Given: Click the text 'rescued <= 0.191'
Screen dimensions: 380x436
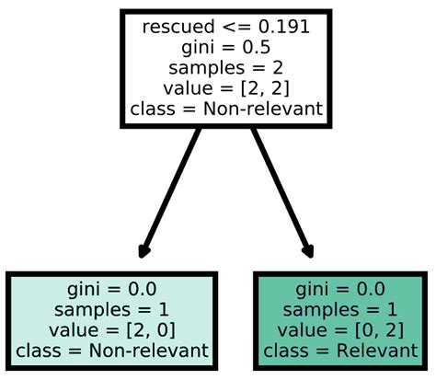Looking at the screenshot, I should pyautogui.click(x=225, y=27).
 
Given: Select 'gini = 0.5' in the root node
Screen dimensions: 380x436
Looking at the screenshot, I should pyautogui.click(x=225, y=48).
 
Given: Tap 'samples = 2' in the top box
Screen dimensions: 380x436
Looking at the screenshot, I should pyautogui.click(x=225, y=69).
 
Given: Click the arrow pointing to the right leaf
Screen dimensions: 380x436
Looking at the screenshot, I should pyautogui.click(x=280, y=189).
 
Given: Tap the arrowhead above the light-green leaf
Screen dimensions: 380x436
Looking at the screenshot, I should pyautogui.click(x=143, y=249).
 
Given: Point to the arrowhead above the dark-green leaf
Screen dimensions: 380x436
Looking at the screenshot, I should pyautogui.click(x=307, y=249).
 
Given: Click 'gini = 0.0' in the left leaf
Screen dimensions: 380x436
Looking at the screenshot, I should pyautogui.click(x=110, y=288).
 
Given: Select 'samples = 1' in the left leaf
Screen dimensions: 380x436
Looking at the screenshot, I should pyautogui.click(x=110, y=308).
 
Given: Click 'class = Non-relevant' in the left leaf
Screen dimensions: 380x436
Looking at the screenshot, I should pyautogui.click(x=110, y=351).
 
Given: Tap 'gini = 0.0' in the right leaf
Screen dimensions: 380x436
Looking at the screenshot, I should pyautogui.click(x=340, y=288).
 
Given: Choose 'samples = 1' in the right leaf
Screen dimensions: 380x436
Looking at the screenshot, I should pyautogui.click(x=340, y=308).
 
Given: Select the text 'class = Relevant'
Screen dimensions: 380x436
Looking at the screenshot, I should pyautogui.click(x=340, y=351).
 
